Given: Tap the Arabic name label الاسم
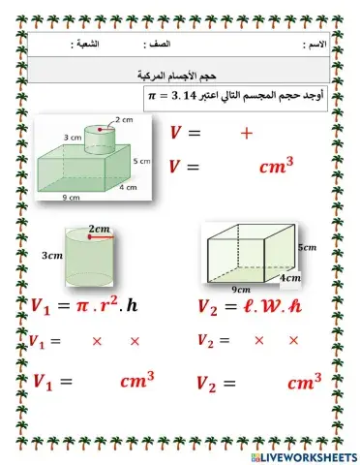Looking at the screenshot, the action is pos(315,46).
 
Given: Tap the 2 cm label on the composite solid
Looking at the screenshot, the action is pos(123,118).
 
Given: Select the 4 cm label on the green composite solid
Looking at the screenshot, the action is pos(128,188).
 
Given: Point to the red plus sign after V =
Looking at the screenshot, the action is pos(246,135).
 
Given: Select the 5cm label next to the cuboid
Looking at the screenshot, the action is pos(307,247).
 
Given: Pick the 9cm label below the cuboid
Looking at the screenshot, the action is pos(241,288).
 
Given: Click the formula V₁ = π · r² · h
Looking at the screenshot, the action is pos(84,306).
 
